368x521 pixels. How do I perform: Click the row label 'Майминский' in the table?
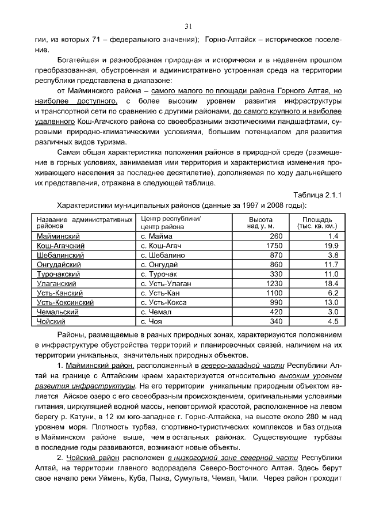(x=58, y=237)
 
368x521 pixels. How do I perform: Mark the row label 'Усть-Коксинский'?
(x=65, y=302)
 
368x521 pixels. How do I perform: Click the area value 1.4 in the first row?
(x=333, y=237)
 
